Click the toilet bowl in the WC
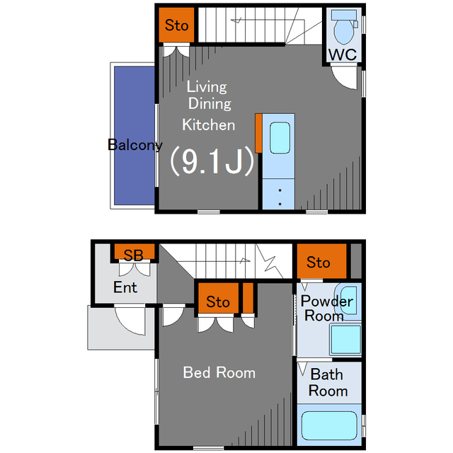pyautogui.click(x=343, y=31)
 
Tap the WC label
pyautogui.click(x=343, y=55)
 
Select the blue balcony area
pyautogui.click(x=134, y=135)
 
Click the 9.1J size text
pyautogui.click(x=212, y=161)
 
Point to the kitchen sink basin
pyautogui.click(x=280, y=137)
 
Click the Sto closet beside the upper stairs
pyautogui.click(x=176, y=25)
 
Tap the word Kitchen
pyautogui.click(x=209, y=125)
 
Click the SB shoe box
pyautogui.click(x=134, y=252)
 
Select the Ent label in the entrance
pyautogui.click(x=125, y=287)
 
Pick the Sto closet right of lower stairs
pyautogui.click(x=321, y=261)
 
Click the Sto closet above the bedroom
pyautogui.click(x=218, y=298)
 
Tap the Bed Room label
pyautogui.click(x=219, y=372)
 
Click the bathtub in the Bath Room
pyautogui.click(x=329, y=425)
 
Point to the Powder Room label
pyautogui.click(x=326, y=309)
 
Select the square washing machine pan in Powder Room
pyautogui.click(x=345, y=340)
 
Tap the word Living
pyautogui.click(x=207, y=87)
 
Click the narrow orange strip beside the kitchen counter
pyautogui.click(x=258, y=133)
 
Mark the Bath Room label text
pyautogui.click(x=328, y=382)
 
